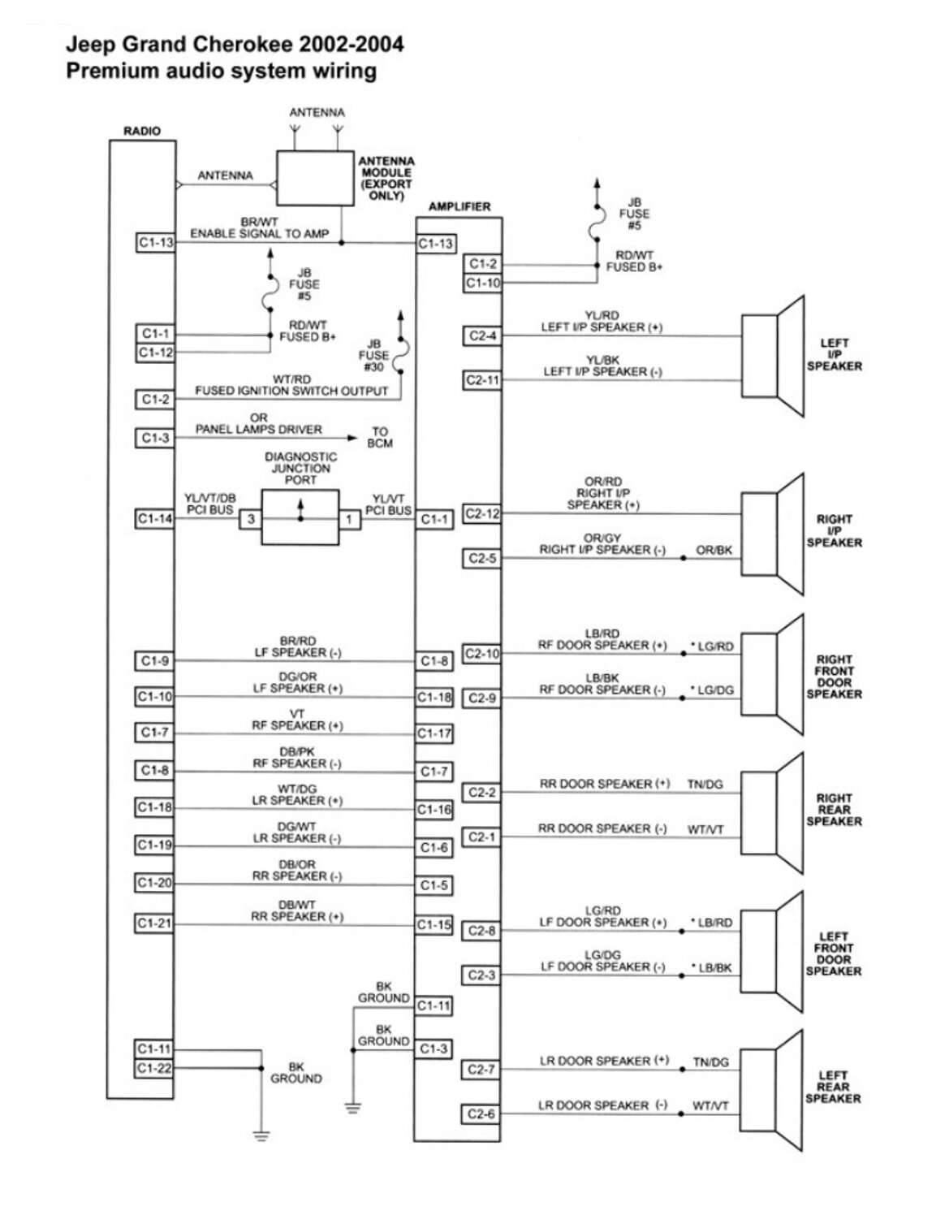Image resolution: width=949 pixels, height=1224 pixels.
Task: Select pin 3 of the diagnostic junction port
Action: tap(251, 519)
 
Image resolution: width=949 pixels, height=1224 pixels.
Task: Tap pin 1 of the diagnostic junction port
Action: tap(350, 519)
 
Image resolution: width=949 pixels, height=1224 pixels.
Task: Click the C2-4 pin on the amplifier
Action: tap(482, 335)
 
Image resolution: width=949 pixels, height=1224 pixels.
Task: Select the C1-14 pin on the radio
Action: tap(154, 519)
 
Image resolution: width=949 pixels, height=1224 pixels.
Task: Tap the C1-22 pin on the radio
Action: tap(154, 1068)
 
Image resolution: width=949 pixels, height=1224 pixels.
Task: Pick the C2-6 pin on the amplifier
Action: tap(481, 1114)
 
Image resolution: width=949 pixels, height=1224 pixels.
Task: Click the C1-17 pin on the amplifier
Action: tap(434, 734)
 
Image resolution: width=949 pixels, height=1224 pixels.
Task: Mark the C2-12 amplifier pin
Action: tap(482, 513)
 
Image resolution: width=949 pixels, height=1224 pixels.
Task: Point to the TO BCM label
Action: tap(380, 438)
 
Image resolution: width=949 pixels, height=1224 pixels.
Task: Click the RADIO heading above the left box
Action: tap(142, 131)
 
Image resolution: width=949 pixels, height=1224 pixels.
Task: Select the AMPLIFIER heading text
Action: tap(459, 206)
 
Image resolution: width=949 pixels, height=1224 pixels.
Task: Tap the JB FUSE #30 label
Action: tap(373, 356)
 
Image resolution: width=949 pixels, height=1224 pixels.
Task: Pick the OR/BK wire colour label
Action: tap(714, 551)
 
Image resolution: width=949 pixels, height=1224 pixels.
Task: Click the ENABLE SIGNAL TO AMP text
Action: tap(260, 234)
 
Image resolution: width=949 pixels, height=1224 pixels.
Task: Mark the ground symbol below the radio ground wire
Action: tap(261, 1135)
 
